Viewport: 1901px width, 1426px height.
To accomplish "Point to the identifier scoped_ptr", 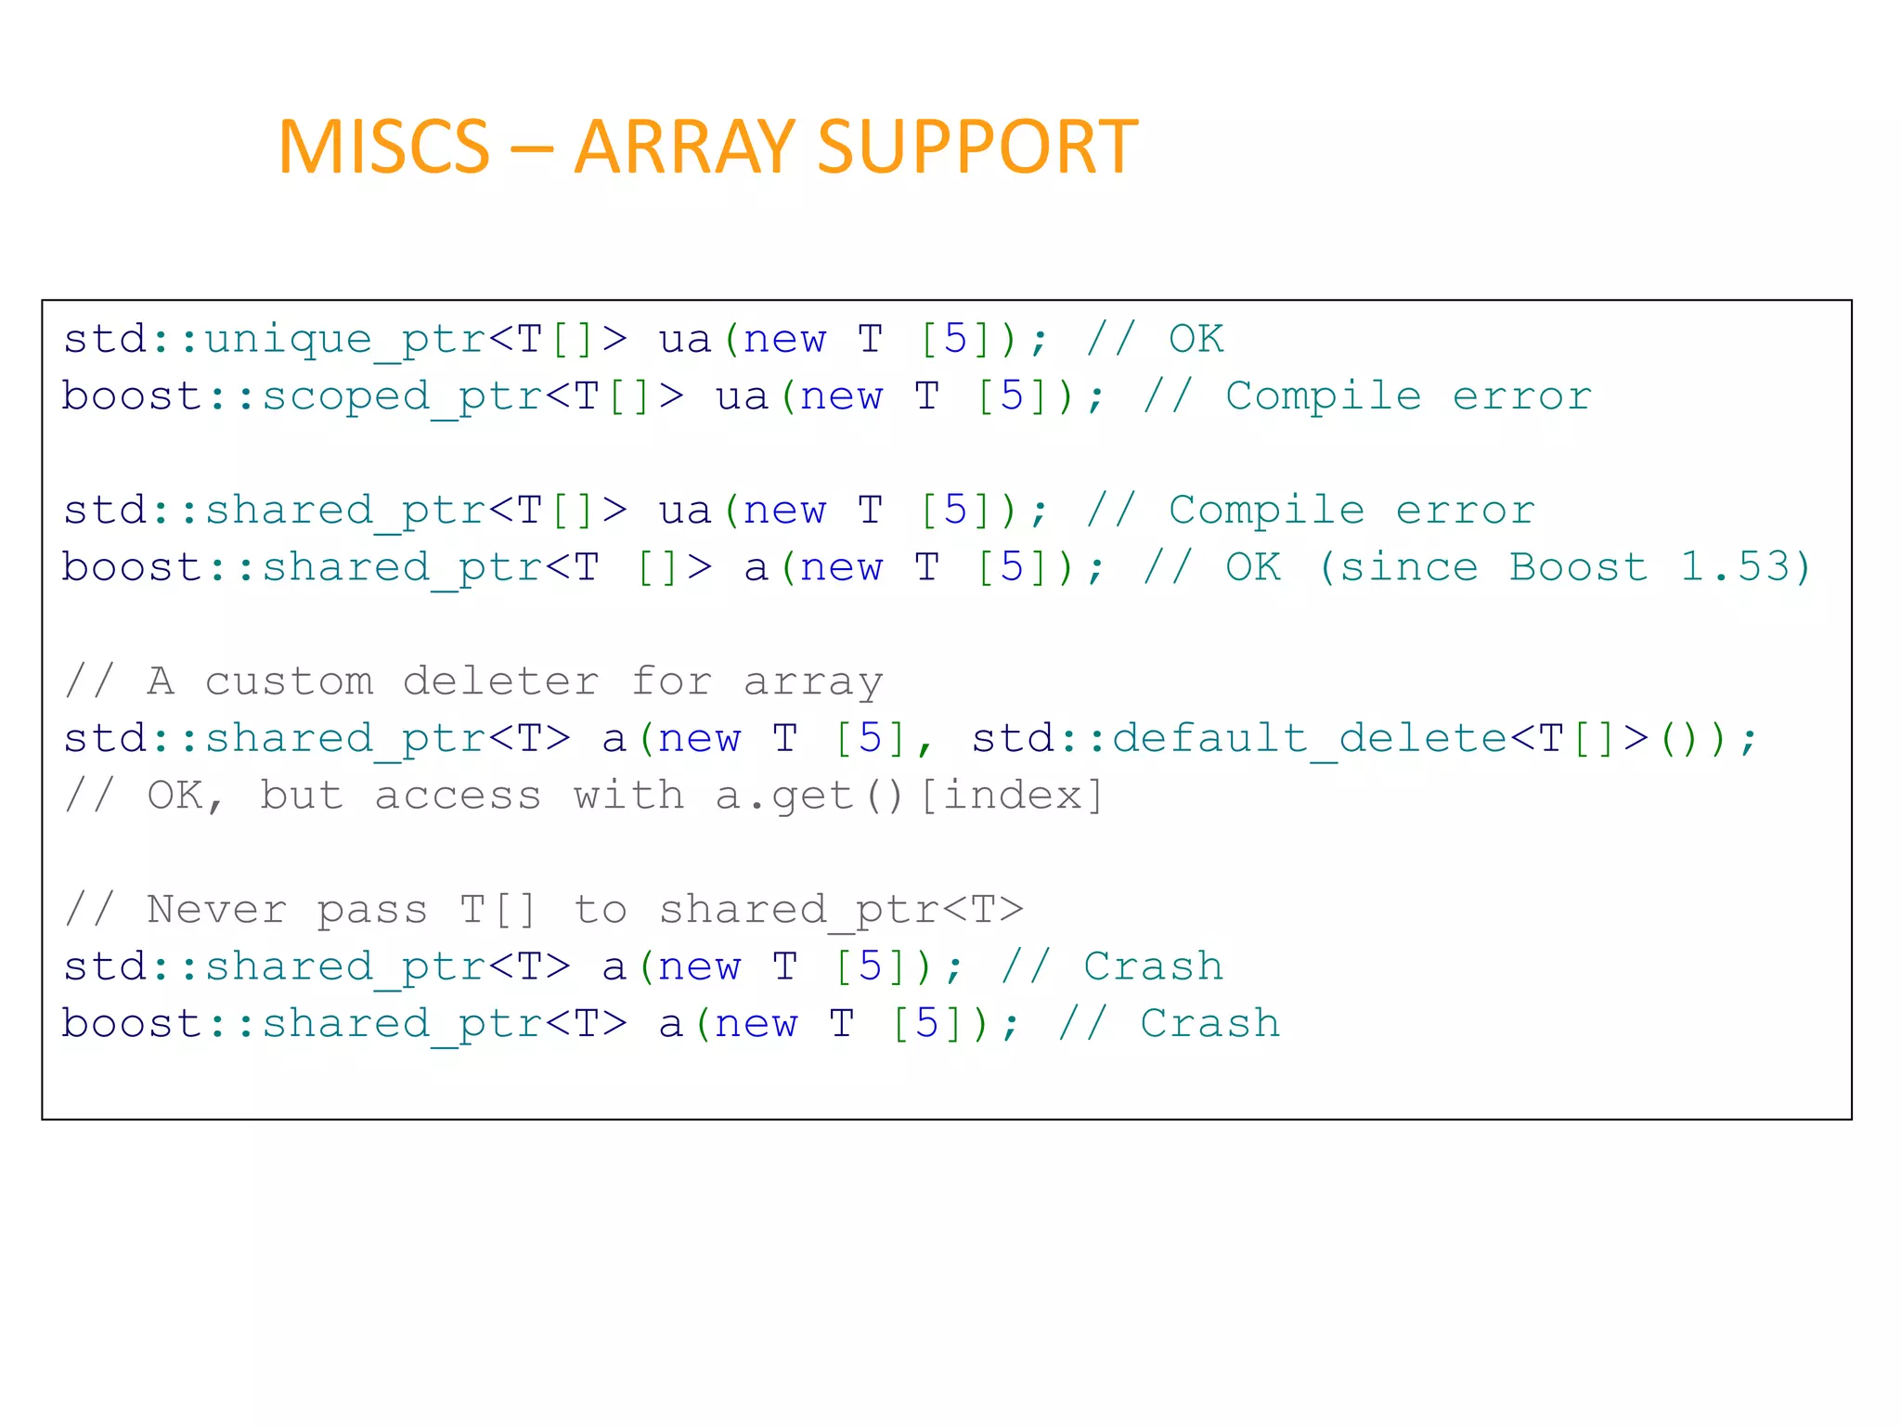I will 402,397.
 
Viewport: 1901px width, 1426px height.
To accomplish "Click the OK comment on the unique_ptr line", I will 1196,340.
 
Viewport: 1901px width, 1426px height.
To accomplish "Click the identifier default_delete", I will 1310,739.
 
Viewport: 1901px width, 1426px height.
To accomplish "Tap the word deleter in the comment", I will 501,681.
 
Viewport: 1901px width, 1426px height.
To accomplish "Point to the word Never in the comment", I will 216,910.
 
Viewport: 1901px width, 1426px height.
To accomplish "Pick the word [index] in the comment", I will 1011,797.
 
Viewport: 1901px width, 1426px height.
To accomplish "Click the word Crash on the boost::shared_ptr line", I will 1209,1024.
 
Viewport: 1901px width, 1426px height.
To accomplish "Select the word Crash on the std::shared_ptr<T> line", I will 1153,967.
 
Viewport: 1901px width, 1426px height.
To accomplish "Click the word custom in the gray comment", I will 289,681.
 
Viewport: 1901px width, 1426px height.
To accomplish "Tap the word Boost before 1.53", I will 1578,567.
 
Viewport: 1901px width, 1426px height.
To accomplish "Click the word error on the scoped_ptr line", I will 1521,397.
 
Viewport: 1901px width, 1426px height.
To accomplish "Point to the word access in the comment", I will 458,797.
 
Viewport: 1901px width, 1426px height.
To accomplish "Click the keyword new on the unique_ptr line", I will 784,340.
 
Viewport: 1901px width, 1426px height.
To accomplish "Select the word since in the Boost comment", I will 1408,567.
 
